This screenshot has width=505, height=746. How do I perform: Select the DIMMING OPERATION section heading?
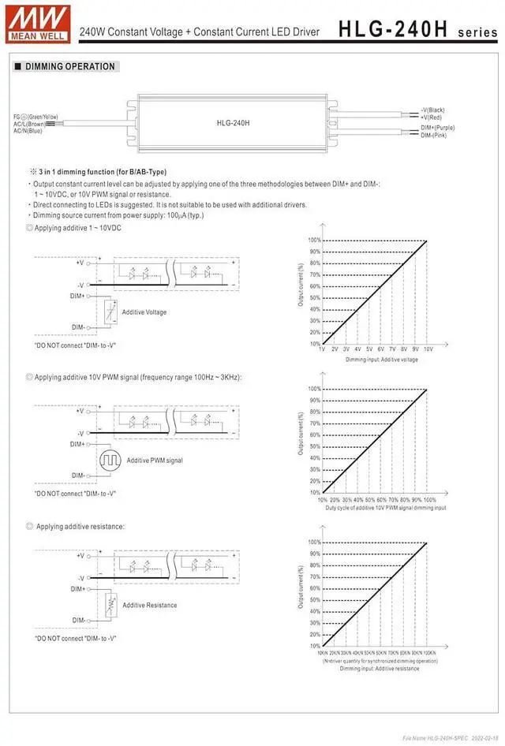(x=70, y=67)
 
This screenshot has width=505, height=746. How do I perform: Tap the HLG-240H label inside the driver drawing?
(x=233, y=123)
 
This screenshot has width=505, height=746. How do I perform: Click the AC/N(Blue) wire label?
(x=29, y=131)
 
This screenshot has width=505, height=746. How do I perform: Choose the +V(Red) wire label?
(x=432, y=117)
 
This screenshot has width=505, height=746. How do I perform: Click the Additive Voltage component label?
(x=144, y=312)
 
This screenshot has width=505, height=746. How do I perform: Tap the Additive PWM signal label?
(x=155, y=460)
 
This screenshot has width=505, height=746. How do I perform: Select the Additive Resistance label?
(x=150, y=605)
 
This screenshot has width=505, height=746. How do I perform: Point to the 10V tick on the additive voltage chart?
(x=428, y=349)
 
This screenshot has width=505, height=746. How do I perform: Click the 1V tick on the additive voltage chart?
(x=322, y=349)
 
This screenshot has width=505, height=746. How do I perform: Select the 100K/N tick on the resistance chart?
(x=428, y=653)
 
